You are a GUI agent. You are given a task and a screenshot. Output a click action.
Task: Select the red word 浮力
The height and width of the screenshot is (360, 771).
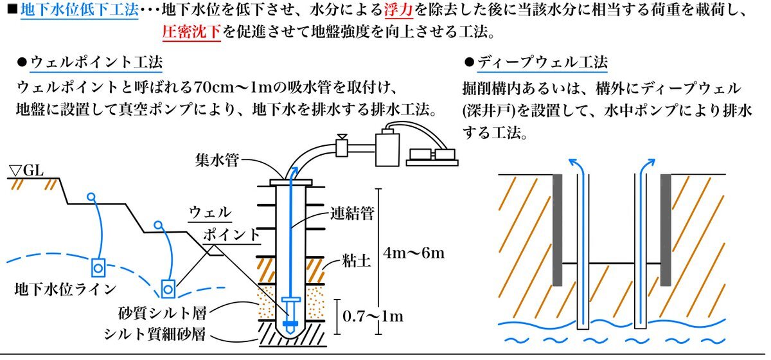[x=399, y=10]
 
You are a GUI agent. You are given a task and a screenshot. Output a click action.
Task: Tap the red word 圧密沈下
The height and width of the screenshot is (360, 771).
[x=191, y=31]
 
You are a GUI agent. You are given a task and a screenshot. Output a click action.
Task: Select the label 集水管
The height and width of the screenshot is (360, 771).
[x=218, y=160]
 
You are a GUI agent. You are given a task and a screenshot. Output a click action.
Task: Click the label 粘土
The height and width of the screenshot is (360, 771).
[x=352, y=262]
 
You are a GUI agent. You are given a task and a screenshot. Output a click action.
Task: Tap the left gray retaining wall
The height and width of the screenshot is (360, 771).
[x=556, y=229]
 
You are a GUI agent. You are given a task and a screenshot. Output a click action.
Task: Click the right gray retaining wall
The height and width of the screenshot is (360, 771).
[x=666, y=229]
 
